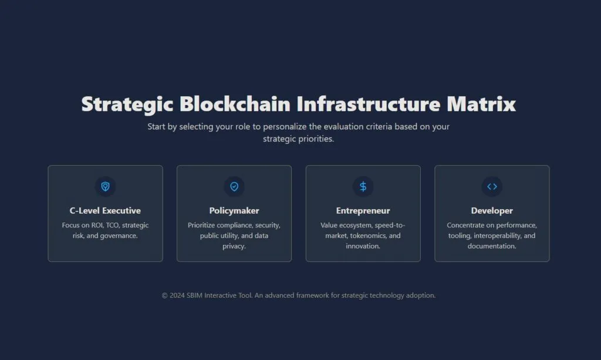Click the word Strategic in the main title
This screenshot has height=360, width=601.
click(x=127, y=105)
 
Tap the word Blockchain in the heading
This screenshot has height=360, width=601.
click(x=235, y=104)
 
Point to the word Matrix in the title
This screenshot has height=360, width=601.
click(x=481, y=104)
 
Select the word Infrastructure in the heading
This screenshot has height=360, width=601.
click(x=369, y=104)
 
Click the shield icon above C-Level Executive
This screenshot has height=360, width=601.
click(x=106, y=186)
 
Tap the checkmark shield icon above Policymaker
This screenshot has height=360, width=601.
click(x=234, y=186)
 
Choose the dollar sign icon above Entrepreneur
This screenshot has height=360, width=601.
click(x=363, y=186)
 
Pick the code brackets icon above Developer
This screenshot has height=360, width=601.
click(x=492, y=186)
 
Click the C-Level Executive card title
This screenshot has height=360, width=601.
click(x=106, y=210)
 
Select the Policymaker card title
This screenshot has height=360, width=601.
click(x=234, y=210)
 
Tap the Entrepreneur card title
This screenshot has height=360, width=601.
click(x=363, y=210)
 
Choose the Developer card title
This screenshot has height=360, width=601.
click(x=492, y=210)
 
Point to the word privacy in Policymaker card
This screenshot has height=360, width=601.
click(x=234, y=246)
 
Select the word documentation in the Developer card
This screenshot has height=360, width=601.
click(x=491, y=246)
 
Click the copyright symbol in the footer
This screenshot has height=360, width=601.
click(x=164, y=295)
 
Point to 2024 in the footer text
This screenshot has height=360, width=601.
click(x=177, y=295)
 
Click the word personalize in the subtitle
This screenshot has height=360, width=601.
click(x=285, y=126)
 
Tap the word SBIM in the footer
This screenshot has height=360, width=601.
click(x=194, y=295)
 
